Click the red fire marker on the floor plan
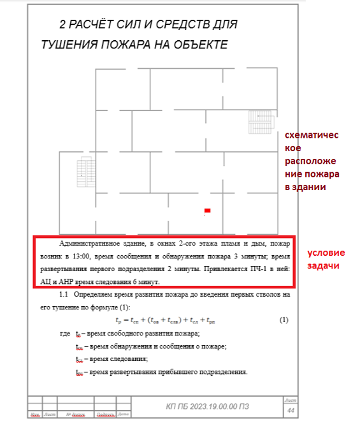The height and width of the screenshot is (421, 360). point(207,210)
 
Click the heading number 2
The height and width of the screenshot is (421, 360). point(62,25)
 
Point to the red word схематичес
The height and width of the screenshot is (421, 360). point(310,135)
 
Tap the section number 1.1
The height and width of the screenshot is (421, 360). point(63,296)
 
